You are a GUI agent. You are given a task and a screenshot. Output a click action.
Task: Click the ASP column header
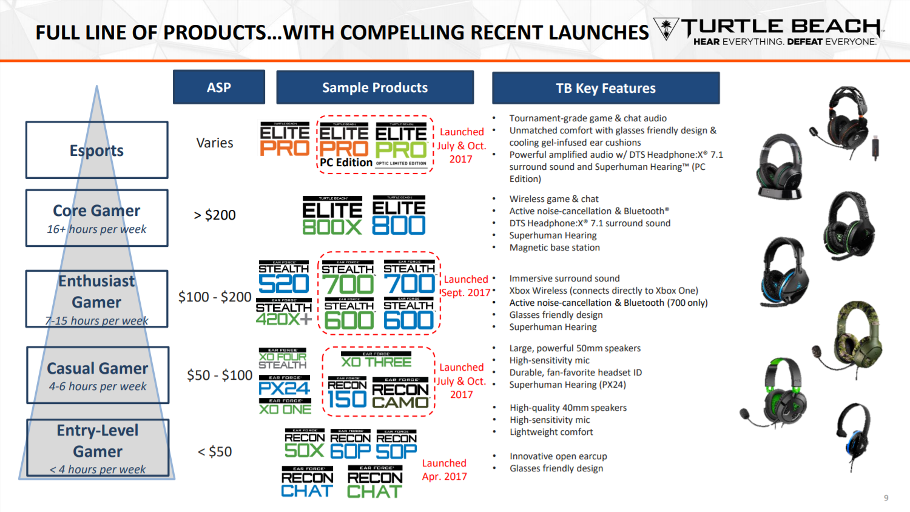218,87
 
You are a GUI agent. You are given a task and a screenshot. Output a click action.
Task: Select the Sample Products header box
375,87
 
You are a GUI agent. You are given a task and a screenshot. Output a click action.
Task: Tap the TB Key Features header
605,88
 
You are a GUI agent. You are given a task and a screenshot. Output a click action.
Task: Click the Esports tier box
96,150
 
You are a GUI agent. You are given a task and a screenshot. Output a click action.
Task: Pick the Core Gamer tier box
96,218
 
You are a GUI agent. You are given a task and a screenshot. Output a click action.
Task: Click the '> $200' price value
215,215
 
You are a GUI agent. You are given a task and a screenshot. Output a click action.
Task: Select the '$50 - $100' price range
220,375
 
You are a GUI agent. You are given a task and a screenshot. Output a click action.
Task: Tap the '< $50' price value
215,451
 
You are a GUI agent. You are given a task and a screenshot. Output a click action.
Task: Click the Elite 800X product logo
332,216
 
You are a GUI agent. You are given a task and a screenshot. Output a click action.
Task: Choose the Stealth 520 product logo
284,278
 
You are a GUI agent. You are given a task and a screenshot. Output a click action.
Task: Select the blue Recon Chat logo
307,483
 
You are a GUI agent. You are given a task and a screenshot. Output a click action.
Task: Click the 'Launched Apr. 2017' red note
444,470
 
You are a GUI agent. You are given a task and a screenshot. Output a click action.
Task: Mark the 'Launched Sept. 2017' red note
466,286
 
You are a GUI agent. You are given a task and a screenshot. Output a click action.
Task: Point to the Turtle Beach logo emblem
666,29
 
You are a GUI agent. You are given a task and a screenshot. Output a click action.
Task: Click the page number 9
886,498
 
